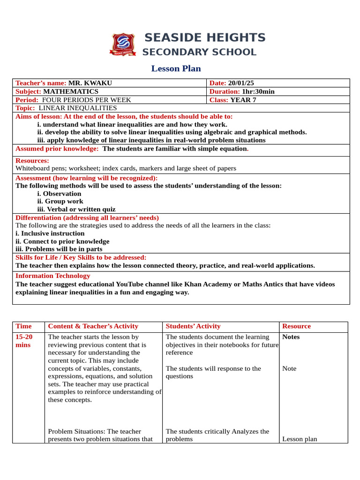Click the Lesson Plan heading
176,69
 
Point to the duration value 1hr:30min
258,91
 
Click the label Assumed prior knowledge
57,149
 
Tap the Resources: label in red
32,160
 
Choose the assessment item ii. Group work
60,202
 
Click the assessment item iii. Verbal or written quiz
76,210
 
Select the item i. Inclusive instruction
50,233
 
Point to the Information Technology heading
53,276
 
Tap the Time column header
23,326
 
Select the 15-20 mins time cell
23,341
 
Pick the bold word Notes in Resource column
291,337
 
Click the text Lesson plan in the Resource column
300,439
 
